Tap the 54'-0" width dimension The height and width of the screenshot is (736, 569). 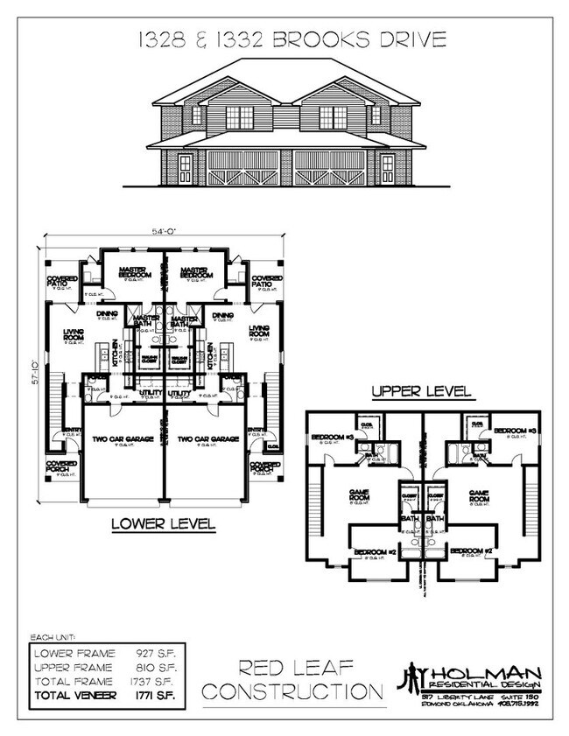(165, 232)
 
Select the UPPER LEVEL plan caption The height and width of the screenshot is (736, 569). (422, 390)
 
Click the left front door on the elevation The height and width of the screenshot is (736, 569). (186, 167)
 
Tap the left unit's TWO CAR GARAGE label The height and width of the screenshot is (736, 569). (122, 438)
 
